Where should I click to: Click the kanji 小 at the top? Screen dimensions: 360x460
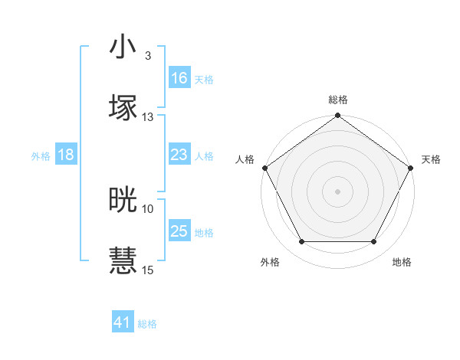[123, 47]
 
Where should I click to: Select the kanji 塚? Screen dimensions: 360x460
[123, 108]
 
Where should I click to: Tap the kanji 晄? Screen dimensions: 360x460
[123, 200]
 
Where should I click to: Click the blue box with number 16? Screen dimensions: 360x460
[179, 78]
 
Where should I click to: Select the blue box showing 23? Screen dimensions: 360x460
[179, 155]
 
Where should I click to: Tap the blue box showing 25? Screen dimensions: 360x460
[179, 231]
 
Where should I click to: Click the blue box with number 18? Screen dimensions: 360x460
[66, 155]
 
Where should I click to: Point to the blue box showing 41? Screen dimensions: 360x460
[123, 323]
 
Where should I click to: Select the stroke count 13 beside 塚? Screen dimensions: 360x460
[148, 117]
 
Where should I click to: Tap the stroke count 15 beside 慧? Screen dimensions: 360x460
[148, 270]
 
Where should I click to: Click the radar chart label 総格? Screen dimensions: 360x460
[338, 100]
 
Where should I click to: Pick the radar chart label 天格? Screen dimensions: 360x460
[431, 159]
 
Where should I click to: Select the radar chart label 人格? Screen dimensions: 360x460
[245, 159]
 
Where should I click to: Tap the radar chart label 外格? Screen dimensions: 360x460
[270, 262]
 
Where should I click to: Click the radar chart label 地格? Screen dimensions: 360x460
[402, 262]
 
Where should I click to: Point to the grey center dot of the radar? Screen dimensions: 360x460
[337, 191]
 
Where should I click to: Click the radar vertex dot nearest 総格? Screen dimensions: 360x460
[337, 116]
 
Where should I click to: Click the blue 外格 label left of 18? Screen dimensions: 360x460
[41, 155]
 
